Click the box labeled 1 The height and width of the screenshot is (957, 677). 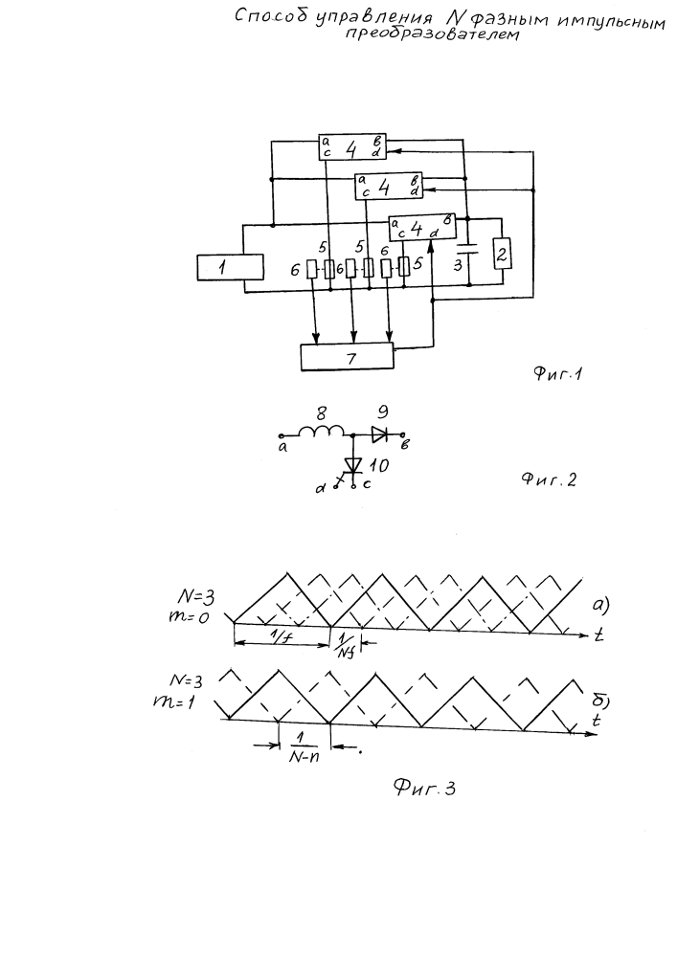230,268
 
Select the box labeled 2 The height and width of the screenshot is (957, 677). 503,254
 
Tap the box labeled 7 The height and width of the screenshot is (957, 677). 348,357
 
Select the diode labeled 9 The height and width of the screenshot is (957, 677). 380,434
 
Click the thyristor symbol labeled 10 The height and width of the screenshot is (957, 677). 353,466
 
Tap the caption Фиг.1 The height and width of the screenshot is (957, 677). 558,373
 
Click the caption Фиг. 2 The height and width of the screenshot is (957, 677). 548,479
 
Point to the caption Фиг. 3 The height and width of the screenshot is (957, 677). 424,789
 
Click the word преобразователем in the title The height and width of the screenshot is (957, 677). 432,34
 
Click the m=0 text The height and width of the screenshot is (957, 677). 188,616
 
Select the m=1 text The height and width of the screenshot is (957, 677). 174,701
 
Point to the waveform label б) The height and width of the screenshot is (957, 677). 600,701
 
